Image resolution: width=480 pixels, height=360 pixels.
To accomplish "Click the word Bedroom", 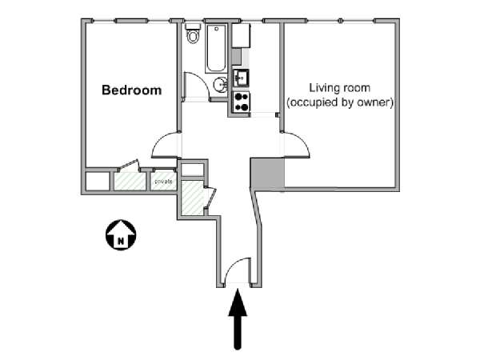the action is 132,90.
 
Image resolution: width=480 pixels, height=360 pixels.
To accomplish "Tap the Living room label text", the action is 339,88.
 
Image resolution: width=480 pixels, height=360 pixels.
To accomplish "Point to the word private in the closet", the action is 163,182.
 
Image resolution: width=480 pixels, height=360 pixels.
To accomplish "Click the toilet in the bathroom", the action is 193,34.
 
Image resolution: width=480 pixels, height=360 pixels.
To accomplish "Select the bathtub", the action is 216,48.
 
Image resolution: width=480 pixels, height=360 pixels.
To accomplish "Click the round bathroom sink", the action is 220,85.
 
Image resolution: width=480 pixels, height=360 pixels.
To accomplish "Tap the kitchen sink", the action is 241,78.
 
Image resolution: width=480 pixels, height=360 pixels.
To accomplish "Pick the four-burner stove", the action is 241,102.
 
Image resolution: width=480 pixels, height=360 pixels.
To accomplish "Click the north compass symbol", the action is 121,234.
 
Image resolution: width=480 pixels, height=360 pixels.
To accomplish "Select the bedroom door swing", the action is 165,145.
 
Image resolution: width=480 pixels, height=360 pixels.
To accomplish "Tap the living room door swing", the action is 296,145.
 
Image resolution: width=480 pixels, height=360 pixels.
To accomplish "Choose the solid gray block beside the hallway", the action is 267,174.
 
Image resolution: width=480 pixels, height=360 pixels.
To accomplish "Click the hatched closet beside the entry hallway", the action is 192,198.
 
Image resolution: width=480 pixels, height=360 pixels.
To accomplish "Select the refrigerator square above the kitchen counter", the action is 241,35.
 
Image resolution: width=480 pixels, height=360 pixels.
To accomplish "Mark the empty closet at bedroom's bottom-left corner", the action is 97,182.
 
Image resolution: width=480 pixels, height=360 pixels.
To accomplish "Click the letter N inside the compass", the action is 121,241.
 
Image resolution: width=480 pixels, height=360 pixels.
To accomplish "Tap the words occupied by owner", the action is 340,102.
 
